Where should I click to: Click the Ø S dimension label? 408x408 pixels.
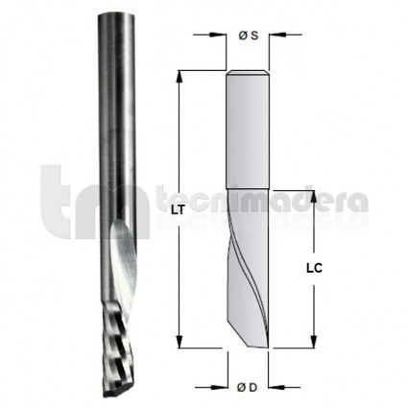(248, 36)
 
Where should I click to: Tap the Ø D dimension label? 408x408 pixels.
(248, 388)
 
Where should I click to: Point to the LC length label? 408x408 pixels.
(314, 268)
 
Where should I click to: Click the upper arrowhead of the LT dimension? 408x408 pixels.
(180, 77)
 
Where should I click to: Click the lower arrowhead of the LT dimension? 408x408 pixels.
(180, 341)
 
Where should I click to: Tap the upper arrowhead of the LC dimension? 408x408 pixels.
(314, 197)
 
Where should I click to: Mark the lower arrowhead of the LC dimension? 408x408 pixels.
(314, 341)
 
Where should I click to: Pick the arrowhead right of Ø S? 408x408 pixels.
(276, 35)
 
